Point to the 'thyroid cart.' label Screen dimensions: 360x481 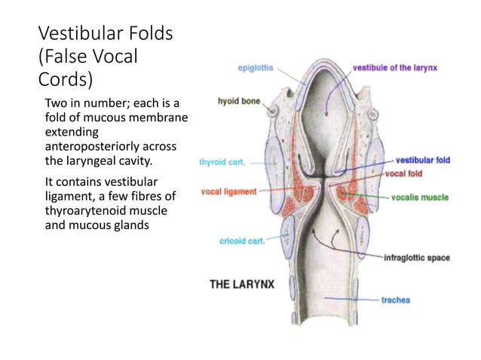tap(222, 161)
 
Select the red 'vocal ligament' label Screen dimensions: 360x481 tap(228, 191)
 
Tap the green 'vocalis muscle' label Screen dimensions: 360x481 tap(420, 197)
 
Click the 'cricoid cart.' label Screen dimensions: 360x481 tap(241, 241)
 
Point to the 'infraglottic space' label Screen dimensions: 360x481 tap(417, 258)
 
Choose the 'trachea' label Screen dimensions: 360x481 tap(395, 301)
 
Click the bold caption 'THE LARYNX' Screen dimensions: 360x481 tap(241, 284)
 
